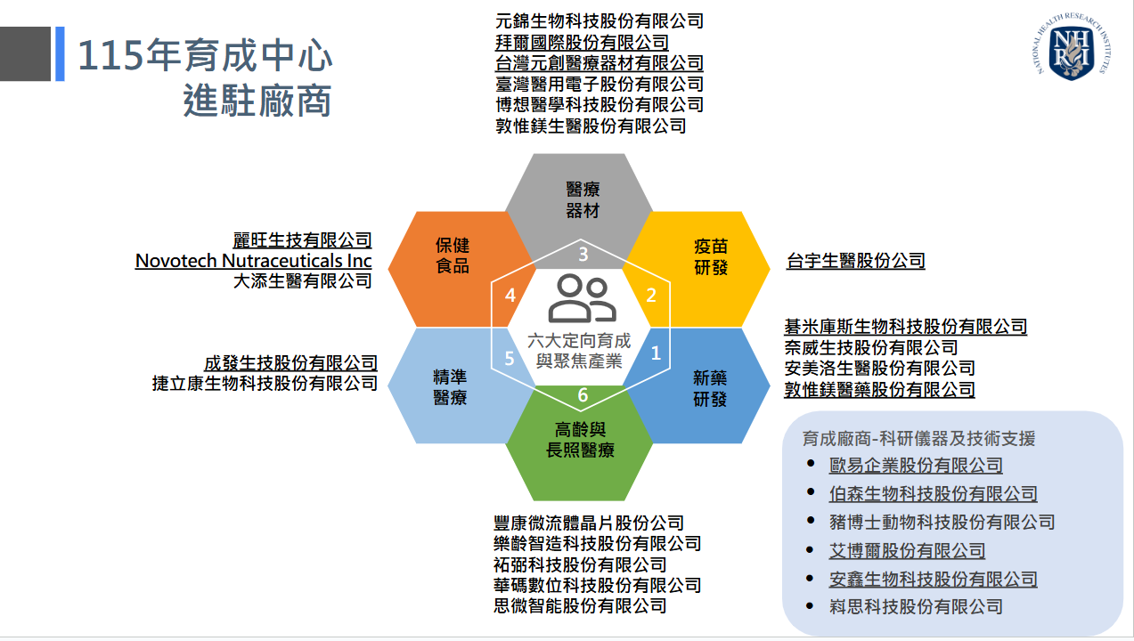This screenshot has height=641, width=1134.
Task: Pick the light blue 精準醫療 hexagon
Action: pyautogui.click(x=449, y=388)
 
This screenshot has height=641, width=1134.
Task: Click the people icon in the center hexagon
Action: pyautogui.click(x=583, y=298)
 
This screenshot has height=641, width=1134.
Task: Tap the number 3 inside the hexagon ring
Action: pyautogui.click(x=583, y=255)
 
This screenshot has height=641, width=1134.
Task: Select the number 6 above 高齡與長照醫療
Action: pyautogui.click(x=583, y=395)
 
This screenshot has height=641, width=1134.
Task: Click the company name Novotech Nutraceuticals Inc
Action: pyautogui.click(x=253, y=261)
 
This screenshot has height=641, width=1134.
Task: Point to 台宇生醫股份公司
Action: pyautogui.click(x=855, y=261)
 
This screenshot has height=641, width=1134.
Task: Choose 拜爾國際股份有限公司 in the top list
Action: pyautogui.click(x=582, y=42)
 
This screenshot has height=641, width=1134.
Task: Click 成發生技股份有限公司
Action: pyautogui.click(x=290, y=362)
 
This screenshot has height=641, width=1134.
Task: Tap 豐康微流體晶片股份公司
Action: pyautogui.click(x=589, y=523)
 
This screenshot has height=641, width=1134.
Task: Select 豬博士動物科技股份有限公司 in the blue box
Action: pyautogui.click(x=942, y=522)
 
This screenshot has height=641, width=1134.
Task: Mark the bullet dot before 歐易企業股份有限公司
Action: pyautogui.click(x=810, y=464)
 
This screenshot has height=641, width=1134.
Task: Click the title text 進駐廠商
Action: pyautogui.click(x=257, y=101)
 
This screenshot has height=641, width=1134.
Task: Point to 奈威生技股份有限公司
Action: pyautogui.click(x=870, y=347)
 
